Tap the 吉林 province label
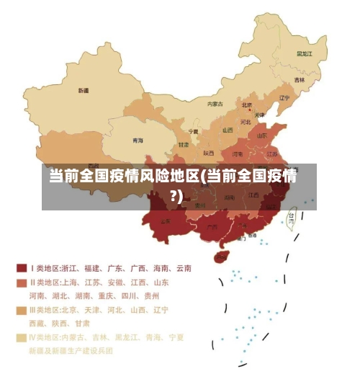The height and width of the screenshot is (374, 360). (x=299, y=79)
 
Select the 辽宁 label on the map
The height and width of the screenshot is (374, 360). (x=284, y=98)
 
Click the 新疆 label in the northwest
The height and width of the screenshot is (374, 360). (x=84, y=91)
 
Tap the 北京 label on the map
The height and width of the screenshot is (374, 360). (x=247, y=104)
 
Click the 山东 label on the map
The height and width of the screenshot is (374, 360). (x=263, y=135)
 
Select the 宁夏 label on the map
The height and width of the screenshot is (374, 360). (x=193, y=132)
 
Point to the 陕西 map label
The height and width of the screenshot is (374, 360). (x=209, y=153)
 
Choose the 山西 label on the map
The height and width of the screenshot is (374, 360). (x=228, y=130)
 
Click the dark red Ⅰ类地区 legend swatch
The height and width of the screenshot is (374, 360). (x=22, y=268)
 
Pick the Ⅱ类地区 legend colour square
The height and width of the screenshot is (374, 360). (x=22, y=282)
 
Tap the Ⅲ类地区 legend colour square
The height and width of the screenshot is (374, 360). (x=22, y=310)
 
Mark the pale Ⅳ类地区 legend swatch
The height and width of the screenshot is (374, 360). (x=22, y=337)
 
